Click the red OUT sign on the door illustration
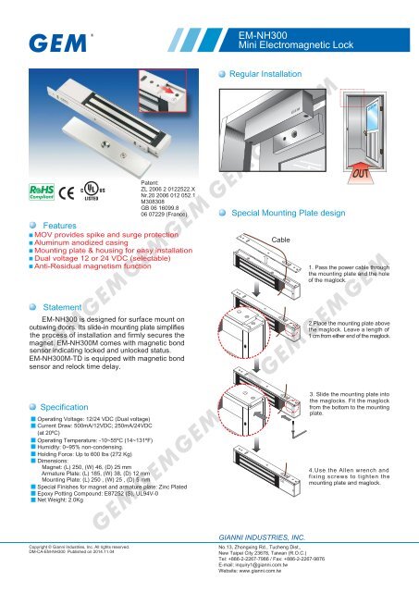pyautogui.click(x=388, y=175)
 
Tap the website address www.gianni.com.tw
pyautogui.click(x=267, y=586)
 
